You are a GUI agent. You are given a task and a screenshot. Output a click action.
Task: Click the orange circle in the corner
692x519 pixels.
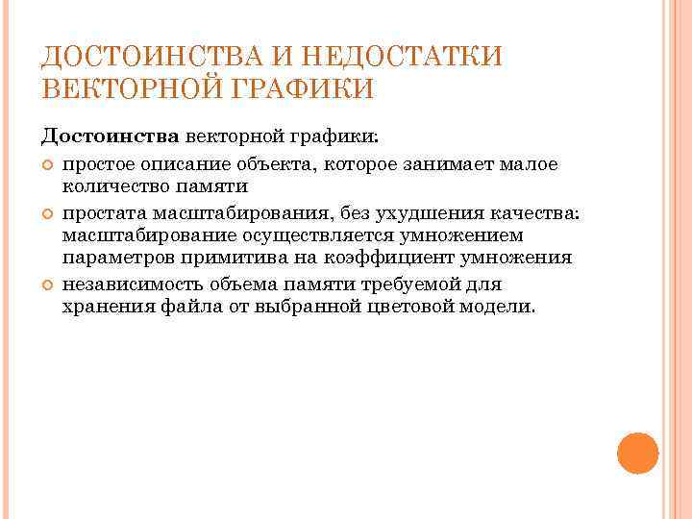point(636,453)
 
